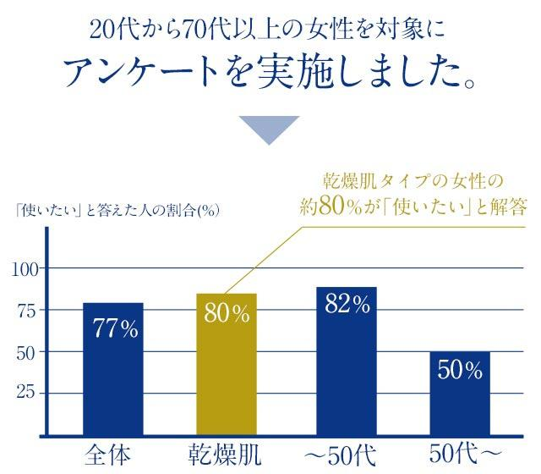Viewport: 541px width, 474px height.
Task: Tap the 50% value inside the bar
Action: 461,370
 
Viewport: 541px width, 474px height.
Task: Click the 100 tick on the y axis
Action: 25,269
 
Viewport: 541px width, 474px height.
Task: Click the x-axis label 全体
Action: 108,455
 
